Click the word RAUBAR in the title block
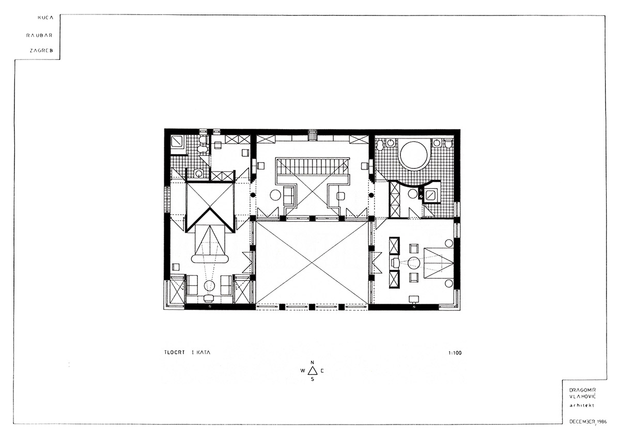(x=39, y=36)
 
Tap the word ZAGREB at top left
(x=41, y=51)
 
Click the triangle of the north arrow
(x=313, y=371)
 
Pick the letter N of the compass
(x=312, y=363)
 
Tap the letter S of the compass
(x=313, y=379)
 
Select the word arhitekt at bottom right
(x=582, y=405)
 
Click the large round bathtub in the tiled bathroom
(x=414, y=155)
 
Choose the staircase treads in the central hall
(x=312, y=166)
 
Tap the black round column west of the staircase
(x=253, y=195)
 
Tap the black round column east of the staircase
(x=371, y=195)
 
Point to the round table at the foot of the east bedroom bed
(x=414, y=262)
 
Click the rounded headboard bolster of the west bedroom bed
(x=210, y=259)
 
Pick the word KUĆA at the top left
(x=45, y=18)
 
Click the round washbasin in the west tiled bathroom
(x=198, y=174)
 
